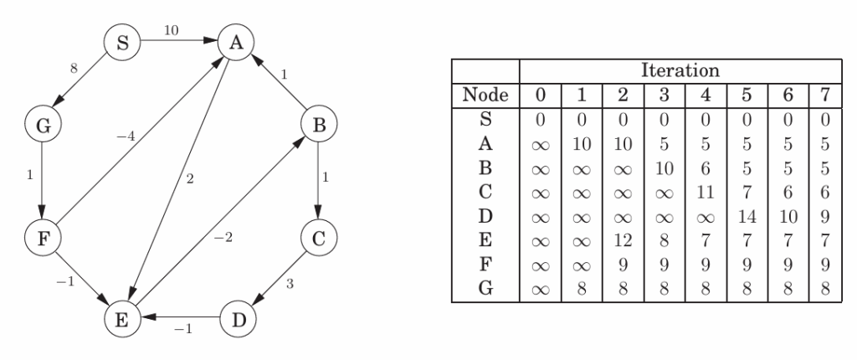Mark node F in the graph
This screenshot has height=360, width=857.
[x=39, y=238]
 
